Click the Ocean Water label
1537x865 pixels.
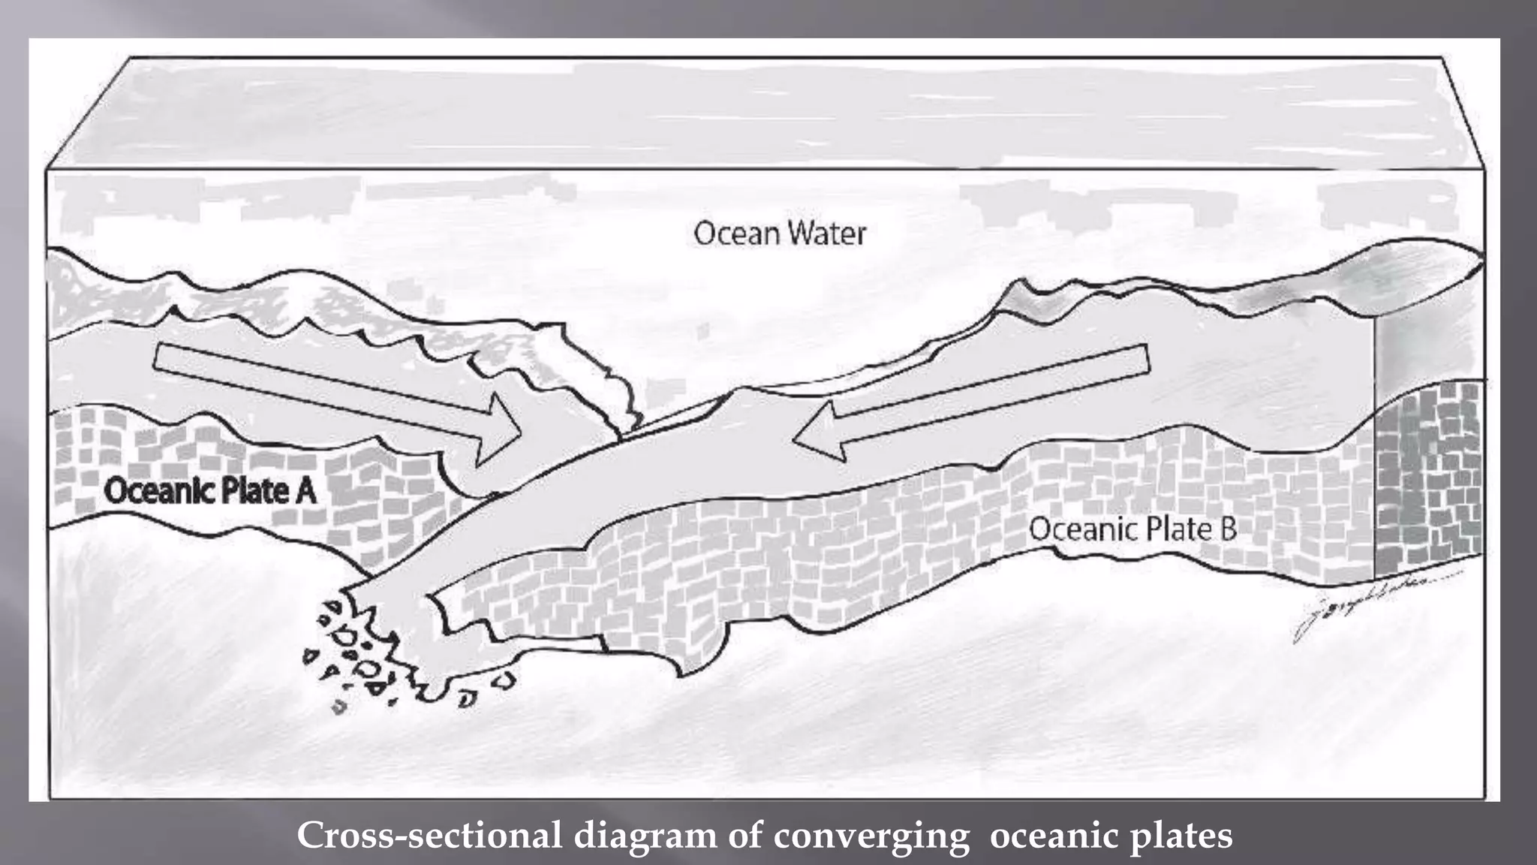(x=779, y=234)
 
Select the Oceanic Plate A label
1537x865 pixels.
(x=210, y=492)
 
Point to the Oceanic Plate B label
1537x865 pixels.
(x=1132, y=529)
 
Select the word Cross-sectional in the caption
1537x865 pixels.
(x=429, y=836)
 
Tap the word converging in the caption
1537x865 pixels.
(x=871, y=836)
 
